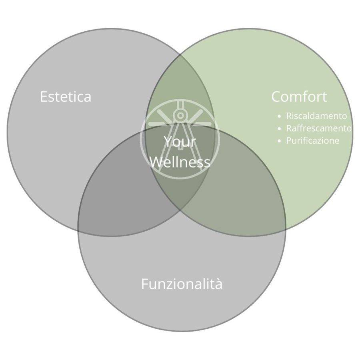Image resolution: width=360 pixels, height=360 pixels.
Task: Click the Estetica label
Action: [66, 96]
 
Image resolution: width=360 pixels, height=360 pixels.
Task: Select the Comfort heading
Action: [299, 96]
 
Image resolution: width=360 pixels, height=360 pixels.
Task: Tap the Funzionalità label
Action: [182, 284]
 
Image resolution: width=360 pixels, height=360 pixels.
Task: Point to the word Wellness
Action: [180, 162]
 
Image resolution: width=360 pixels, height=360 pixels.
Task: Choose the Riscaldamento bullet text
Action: [316, 116]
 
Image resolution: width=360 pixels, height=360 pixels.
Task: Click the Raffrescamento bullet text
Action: [319, 128]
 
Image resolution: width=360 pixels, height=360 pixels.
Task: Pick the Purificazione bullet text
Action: [312, 140]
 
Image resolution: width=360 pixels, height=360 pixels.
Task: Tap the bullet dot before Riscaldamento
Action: [279, 116]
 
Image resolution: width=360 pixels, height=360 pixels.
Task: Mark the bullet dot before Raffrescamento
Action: [279, 128]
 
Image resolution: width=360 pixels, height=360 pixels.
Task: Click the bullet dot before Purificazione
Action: [279, 141]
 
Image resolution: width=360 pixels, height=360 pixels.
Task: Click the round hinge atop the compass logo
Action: [180, 115]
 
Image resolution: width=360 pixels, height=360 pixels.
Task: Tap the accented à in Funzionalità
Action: [218, 284]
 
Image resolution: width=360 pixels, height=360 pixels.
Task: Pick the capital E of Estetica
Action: [44, 96]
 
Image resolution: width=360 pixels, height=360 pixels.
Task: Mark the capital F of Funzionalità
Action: [145, 284]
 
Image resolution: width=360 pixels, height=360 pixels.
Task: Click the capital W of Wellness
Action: [156, 162]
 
